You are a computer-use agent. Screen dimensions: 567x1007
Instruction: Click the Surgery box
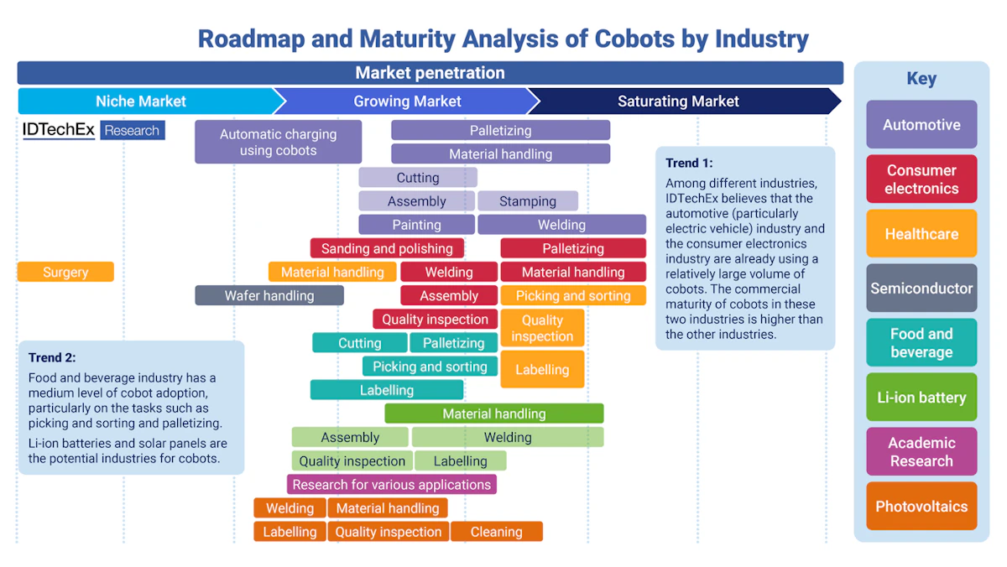[x=65, y=272]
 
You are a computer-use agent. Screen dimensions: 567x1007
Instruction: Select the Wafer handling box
[x=269, y=295]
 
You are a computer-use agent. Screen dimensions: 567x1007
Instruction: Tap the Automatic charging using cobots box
[x=278, y=142]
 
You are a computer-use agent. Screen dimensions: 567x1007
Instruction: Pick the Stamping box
[x=528, y=201]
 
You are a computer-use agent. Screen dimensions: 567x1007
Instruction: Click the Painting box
[x=416, y=225]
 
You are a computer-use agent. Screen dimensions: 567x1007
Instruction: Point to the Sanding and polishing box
[x=387, y=248]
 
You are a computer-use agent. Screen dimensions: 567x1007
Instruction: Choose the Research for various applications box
[x=391, y=484]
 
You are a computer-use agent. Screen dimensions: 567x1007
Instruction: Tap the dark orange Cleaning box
[x=496, y=531]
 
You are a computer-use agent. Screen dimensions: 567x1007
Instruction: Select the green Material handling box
[x=493, y=414]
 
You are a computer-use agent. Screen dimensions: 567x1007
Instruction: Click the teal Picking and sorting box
[x=430, y=367]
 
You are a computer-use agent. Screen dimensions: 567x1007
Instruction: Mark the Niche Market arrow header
[x=141, y=101]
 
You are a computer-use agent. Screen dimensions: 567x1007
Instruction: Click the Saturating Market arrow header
[x=678, y=101]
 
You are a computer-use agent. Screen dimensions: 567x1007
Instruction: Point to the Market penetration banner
[x=430, y=73]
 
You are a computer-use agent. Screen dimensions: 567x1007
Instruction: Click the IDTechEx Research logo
[x=93, y=130]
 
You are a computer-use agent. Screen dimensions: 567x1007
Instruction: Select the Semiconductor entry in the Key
[x=921, y=288]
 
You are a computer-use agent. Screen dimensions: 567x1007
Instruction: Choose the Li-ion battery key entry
[x=921, y=397]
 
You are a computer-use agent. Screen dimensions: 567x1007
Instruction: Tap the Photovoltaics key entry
[x=921, y=506]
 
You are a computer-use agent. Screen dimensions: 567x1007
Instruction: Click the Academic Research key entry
[x=921, y=451]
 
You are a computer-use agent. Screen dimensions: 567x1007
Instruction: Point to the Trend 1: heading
[x=689, y=163]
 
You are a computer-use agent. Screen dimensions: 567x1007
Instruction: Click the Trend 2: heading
[x=52, y=357]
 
